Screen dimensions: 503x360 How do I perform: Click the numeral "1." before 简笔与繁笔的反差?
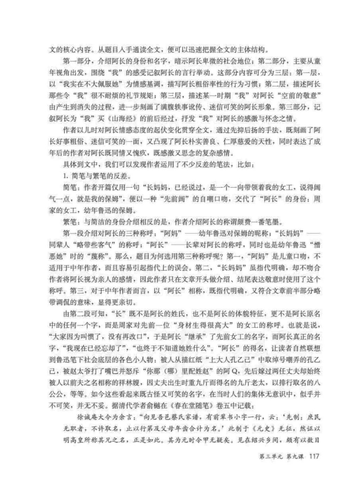pos(66,176)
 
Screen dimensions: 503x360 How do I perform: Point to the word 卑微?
pos(213,62)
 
